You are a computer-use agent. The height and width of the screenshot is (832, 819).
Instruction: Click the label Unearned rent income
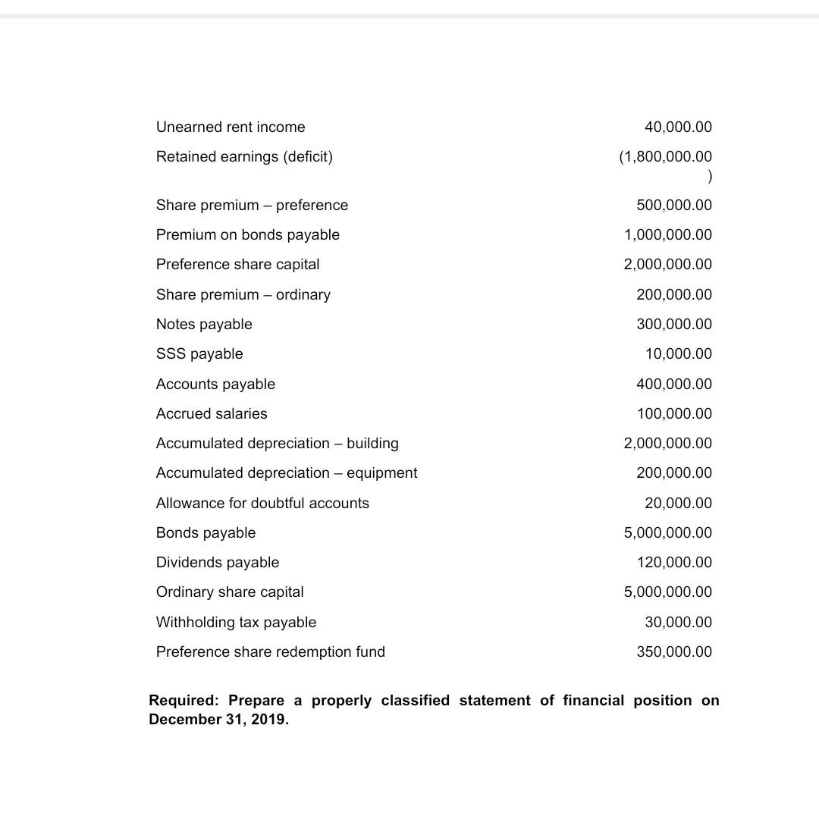tap(231, 127)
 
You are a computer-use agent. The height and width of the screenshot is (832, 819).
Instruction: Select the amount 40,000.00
tap(678, 127)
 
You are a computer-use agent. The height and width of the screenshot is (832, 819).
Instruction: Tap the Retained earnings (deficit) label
tap(244, 157)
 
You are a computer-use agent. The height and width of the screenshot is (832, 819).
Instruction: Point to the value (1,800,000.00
tap(666, 157)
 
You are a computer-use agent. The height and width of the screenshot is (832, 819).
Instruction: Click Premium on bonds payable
tap(248, 235)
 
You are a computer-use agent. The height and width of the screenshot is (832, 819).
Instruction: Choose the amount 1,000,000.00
tap(668, 235)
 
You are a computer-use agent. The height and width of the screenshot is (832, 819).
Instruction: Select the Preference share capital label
tap(237, 265)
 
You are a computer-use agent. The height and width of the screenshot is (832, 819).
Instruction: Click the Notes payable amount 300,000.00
tap(674, 325)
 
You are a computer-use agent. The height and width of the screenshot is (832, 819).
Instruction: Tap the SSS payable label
tap(199, 354)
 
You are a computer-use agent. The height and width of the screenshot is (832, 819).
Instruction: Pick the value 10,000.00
tap(678, 354)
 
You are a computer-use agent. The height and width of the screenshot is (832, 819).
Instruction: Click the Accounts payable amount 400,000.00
tap(674, 385)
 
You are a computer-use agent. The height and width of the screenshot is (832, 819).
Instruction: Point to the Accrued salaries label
tap(212, 414)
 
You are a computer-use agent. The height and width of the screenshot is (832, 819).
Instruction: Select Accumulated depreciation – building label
tap(277, 444)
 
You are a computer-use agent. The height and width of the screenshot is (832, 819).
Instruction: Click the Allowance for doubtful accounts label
tap(262, 504)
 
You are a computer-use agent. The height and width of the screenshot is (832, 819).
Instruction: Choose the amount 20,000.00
tap(678, 504)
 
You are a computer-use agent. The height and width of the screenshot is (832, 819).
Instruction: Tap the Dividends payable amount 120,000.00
tap(674, 563)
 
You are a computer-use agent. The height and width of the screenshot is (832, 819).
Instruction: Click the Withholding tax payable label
tap(236, 623)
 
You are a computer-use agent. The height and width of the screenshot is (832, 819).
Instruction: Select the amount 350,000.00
tap(674, 652)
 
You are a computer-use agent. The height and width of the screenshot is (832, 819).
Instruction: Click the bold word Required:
tap(184, 701)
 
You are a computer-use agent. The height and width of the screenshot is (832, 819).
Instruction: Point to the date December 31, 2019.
tap(218, 720)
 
